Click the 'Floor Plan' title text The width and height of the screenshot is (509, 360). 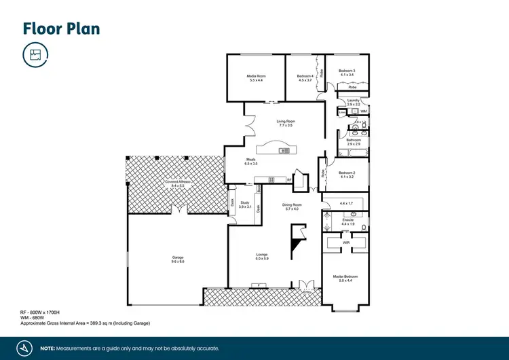click(x=62, y=28)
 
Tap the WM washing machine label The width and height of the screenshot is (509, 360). click(x=364, y=111)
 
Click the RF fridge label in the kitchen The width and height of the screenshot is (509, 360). click(x=289, y=180)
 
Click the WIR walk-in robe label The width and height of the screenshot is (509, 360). click(x=346, y=242)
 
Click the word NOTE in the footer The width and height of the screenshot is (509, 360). click(x=48, y=348)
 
